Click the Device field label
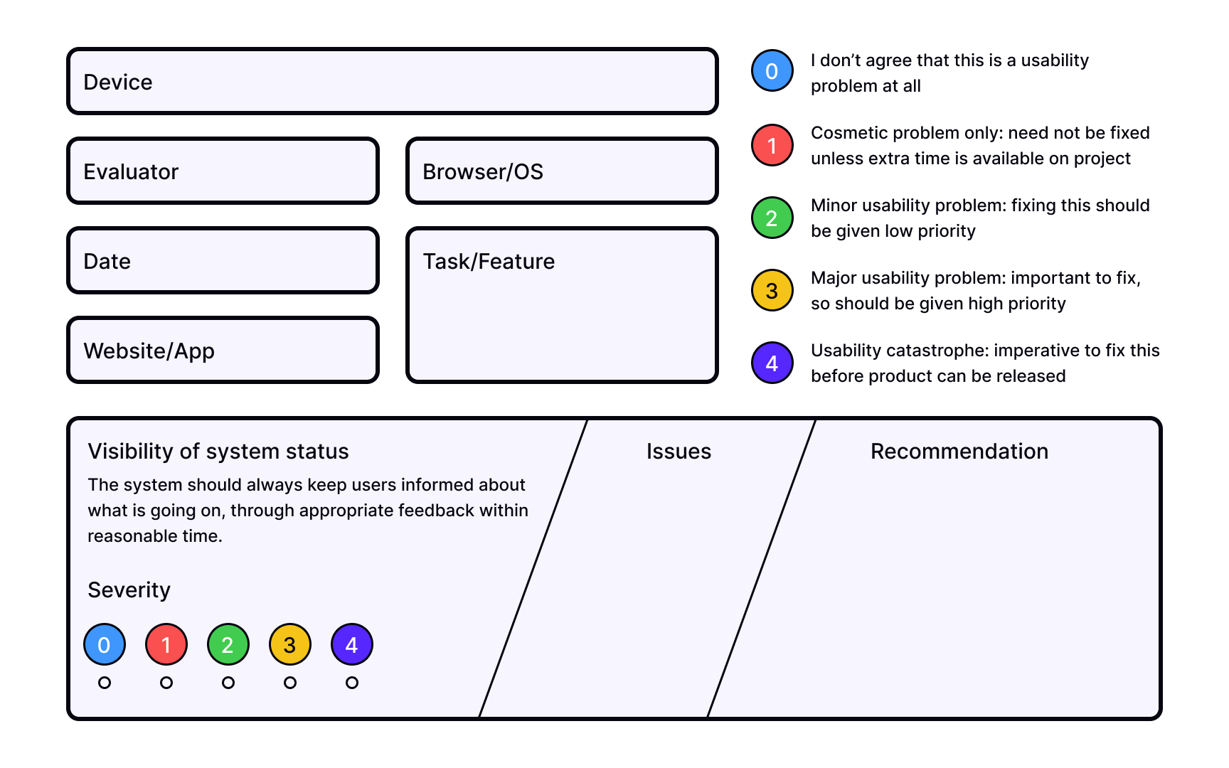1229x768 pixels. click(x=118, y=82)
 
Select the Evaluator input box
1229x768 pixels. click(x=223, y=171)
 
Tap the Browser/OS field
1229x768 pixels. click(x=562, y=171)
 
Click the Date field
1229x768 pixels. click(x=223, y=261)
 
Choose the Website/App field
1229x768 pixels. click(x=223, y=351)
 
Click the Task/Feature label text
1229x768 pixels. click(x=489, y=261)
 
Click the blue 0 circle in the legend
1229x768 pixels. click(x=772, y=71)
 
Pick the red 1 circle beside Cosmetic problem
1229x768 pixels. click(x=772, y=145)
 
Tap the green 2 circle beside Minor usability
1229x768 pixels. click(x=772, y=218)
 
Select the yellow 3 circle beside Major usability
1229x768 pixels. click(x=772, y=290)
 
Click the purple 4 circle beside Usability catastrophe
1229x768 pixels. click(x=772, y=363)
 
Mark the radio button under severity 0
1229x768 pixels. click(x=105, y=683)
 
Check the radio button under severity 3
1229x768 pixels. click(x=290, y=683)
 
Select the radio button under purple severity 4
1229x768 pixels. click(x=352, y=683)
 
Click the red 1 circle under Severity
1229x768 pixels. click(x=166, y=644)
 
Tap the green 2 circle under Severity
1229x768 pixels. click(x=228, y=644)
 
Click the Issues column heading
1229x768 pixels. click(x=679, y=452)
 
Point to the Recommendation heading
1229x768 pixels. click(x=959, y=452)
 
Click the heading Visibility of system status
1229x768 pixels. click(x=218, y=452)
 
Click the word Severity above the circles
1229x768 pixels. click(x=129, y=590)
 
